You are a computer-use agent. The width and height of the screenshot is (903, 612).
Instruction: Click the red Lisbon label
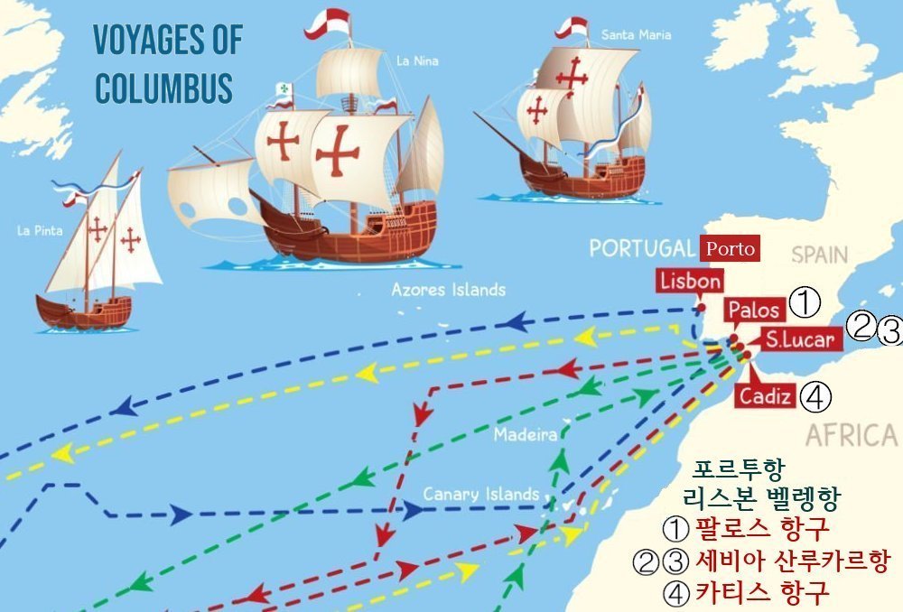point(691,281)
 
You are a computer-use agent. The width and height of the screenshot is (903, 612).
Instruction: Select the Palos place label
point(753,310)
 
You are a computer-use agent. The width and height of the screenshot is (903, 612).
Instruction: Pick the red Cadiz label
point(765,395)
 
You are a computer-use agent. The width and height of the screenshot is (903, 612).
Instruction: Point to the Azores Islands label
point(448,290)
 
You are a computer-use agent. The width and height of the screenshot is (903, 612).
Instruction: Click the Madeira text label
point(525,435)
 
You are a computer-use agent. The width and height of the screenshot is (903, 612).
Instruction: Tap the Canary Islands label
point(480,495)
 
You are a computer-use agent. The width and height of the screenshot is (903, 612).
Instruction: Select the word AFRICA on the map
point(851,436)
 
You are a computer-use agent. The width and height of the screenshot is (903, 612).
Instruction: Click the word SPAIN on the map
point(820,255)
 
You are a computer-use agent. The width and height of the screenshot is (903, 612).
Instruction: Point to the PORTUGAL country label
point(642,248)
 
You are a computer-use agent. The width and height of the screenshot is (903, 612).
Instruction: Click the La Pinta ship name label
point(40,231)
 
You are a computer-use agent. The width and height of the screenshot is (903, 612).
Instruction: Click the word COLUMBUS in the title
point(163,89)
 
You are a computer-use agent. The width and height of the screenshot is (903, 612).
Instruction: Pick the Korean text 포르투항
point(740,470)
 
